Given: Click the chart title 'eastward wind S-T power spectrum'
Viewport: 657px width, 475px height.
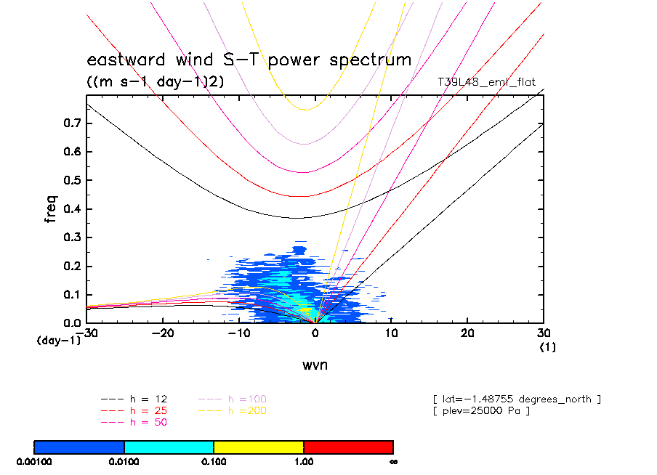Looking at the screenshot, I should click(249, 60).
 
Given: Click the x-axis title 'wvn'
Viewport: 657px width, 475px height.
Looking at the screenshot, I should click(315, 365).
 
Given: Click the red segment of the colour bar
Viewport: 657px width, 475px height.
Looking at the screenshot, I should click(348, 447).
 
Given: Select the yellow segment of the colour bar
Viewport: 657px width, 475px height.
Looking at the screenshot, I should click(258, 447).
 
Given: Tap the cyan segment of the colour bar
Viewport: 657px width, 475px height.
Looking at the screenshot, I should click(169, 447).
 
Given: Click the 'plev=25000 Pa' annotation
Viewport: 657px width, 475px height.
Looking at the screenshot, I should click(480, 411).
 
